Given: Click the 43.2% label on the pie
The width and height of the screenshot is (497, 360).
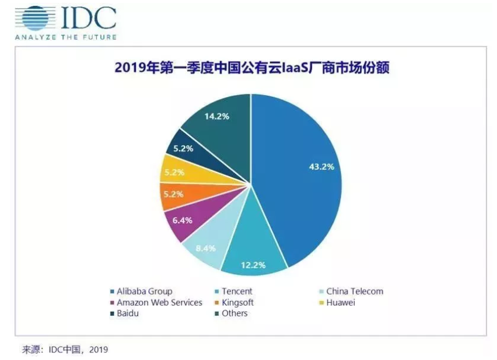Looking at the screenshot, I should (321, 167).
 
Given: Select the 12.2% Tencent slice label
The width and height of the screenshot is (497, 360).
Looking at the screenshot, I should (253, 265).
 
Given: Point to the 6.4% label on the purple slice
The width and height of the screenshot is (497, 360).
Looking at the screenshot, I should (182, 221).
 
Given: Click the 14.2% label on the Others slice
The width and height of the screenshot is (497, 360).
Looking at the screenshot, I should (216, 116).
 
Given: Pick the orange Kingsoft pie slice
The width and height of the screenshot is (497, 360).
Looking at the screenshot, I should (178, 194).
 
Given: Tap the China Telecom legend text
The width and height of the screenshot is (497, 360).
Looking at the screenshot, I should (355, 291).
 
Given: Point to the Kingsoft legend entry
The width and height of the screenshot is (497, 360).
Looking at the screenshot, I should (238, 302).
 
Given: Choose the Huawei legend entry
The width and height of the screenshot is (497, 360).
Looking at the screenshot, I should (341, 302).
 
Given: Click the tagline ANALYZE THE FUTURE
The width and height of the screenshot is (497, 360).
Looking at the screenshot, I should (65, 37).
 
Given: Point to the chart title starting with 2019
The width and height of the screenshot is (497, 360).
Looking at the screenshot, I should (251, 69).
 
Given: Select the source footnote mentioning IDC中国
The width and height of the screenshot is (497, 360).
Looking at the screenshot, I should (65, 349).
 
